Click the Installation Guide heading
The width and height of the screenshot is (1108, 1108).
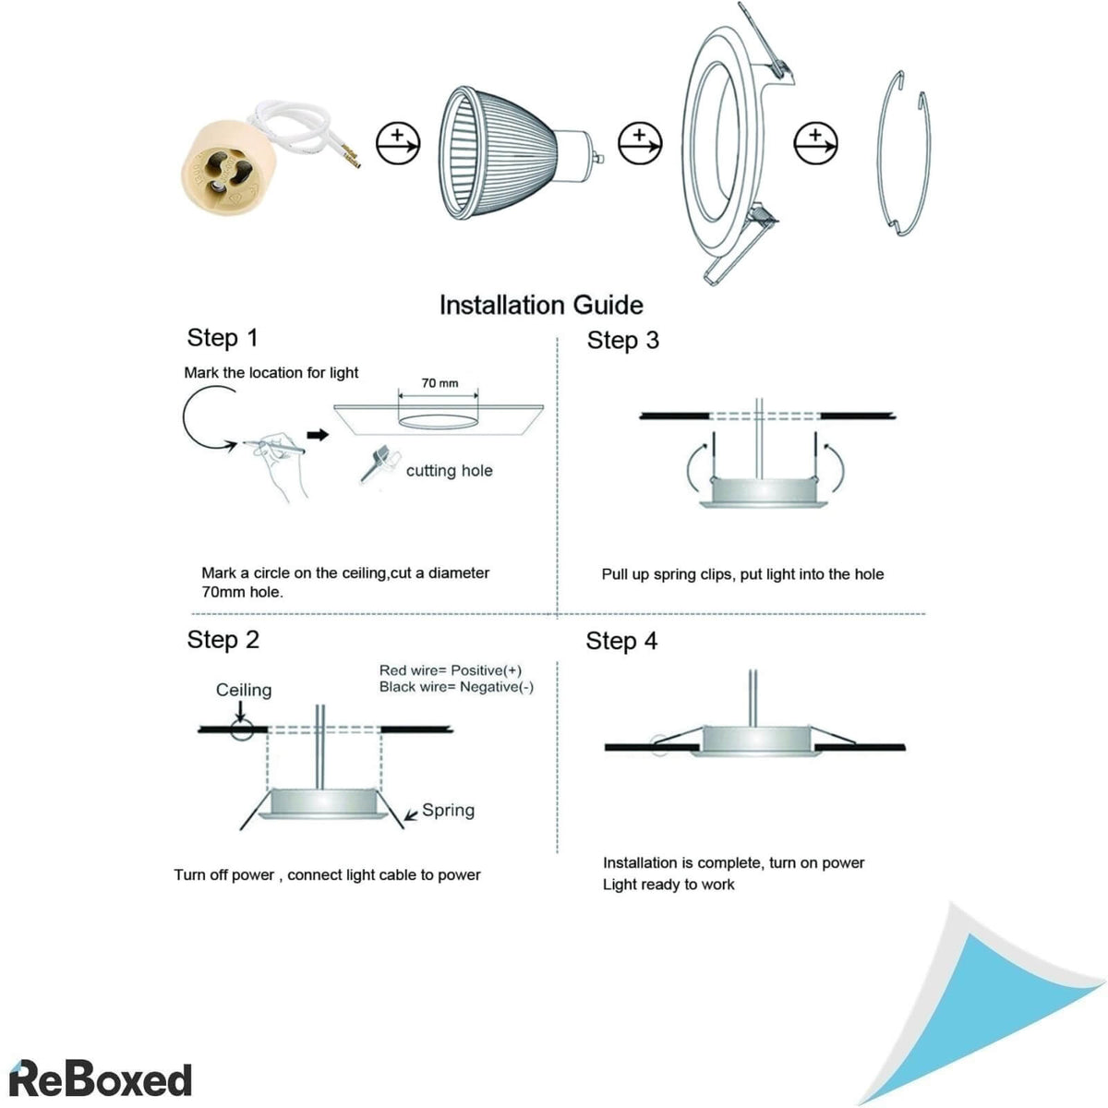click(x=541, y=305)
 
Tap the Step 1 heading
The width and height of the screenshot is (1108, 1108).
click(x=223, y=338)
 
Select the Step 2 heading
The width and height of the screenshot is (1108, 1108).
click(x=223, y=640)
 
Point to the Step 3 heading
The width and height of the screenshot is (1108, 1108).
click(x=623, y=341)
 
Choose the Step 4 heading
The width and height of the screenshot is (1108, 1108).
click(x=621, y=641)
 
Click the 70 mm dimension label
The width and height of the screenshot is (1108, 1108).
click(x=440, y=382)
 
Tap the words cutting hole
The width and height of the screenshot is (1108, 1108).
click(x=449, y=471)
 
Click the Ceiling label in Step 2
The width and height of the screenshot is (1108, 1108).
click(x=244, y=690)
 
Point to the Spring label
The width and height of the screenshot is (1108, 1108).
click(x=448, y=810)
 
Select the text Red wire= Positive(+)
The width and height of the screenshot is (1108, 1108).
click(x=451, y=670)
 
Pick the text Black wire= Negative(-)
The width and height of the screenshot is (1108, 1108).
click(x=456, y=687)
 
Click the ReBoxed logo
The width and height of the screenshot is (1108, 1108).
click(x=101, y=1078)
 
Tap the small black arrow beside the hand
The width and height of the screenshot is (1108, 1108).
click(x=318, y=435)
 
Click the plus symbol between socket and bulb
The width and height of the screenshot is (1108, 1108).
click(x=398, y=143)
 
